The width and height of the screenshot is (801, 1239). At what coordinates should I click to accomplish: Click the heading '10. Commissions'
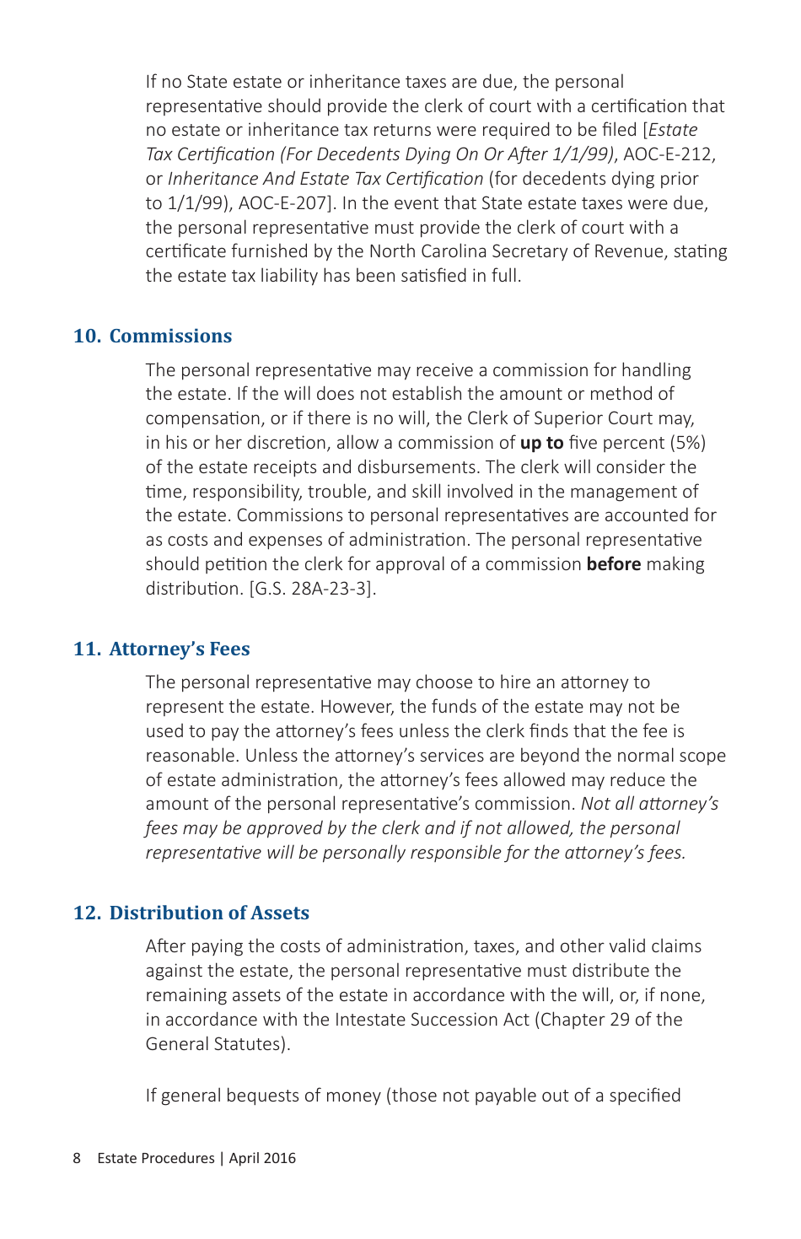[153, 336]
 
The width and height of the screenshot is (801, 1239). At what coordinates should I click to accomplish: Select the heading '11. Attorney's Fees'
[162, 649]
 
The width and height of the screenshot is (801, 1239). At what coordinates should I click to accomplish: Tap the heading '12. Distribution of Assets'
[191, 913]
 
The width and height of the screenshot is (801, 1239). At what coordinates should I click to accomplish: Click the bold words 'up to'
[541, 443]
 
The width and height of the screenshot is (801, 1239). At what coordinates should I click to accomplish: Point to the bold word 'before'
[613, 564]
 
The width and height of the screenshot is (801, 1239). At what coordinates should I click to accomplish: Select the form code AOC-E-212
[669, 154]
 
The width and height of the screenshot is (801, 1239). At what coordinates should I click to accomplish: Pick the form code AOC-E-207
[288, 203]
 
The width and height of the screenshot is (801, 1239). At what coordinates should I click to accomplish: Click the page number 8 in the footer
[77, 1158]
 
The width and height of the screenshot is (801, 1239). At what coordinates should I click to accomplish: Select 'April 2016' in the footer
[262, 1158]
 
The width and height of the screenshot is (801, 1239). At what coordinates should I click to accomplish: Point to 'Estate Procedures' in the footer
[156, 1158]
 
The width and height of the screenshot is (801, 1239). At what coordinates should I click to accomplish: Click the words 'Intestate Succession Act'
[432, 1020]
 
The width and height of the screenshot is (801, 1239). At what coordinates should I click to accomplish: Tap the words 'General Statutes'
[214, 1044]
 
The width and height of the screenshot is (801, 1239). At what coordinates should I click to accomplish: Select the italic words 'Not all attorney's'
[649, 804]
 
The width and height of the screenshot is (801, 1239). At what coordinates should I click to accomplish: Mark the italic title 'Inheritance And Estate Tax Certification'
[325, 179]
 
